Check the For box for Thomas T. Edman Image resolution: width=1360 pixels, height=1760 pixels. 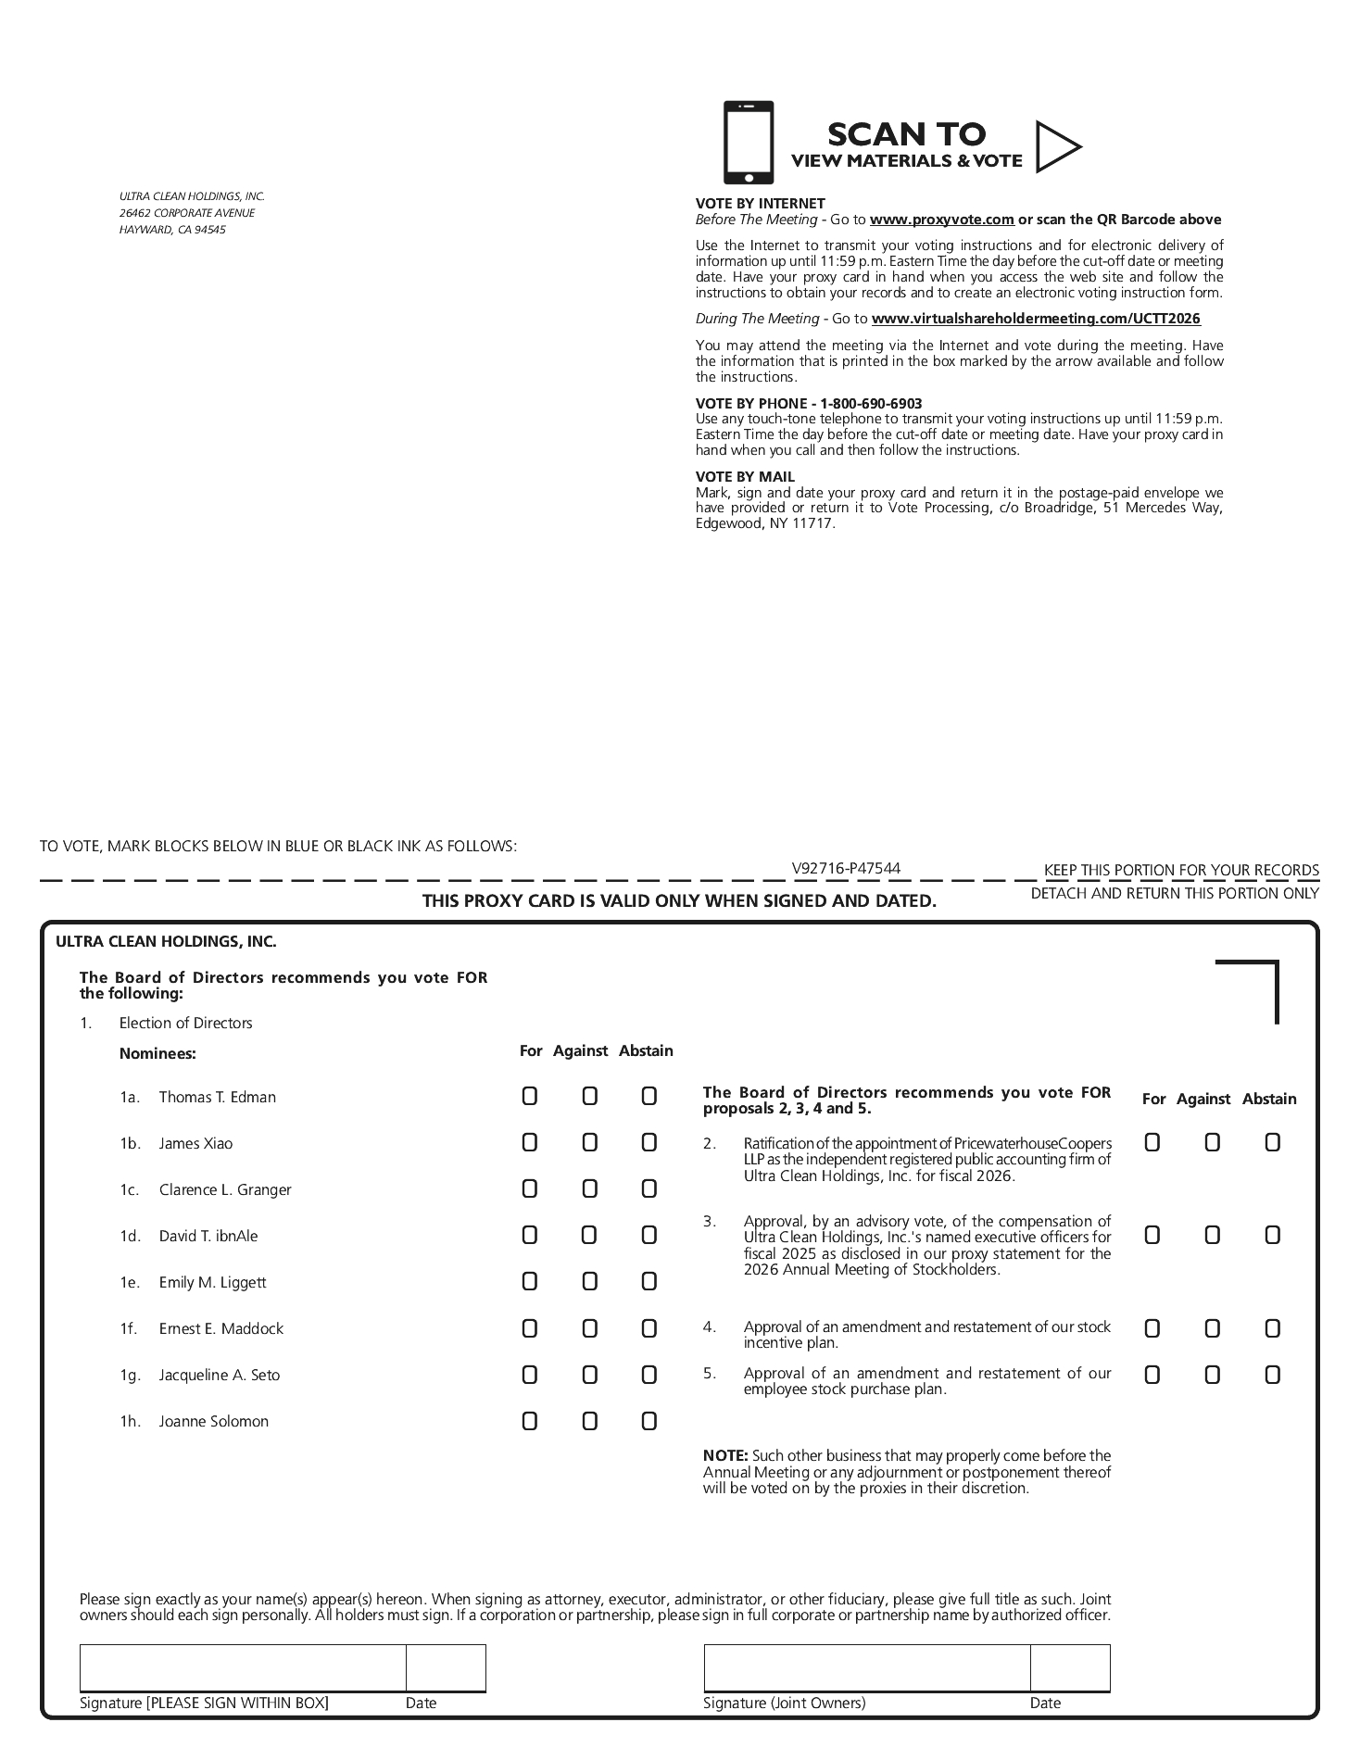[x=529, y=1097]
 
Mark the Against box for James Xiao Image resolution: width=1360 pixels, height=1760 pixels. [x=589, y=1143]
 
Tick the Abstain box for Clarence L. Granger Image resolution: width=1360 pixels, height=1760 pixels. [x=649, y=1189]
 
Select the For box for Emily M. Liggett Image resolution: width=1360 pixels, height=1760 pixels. [x=529, y=1282]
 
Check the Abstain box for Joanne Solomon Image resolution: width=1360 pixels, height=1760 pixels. [x=649, y=1421]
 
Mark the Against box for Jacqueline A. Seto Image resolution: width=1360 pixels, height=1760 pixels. [x=589, y=1375]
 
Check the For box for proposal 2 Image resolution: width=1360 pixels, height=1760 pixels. [x=1152, y=1143]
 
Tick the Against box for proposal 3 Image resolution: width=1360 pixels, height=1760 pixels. [x=1212, y=1236]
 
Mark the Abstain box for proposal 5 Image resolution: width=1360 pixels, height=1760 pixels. [x=1272, y=1375]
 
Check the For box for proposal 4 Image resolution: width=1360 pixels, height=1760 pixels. [x=1152, y=1329]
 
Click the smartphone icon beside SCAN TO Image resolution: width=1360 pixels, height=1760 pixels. [x=748, y=143]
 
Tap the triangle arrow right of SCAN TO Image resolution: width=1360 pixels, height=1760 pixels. [x=1057, y=146]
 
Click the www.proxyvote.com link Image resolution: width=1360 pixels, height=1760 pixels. [x=941, y=220]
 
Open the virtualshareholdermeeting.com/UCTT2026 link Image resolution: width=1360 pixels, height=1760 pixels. [x=1036, y=319]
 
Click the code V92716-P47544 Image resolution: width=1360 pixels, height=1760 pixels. [x=846, y=868]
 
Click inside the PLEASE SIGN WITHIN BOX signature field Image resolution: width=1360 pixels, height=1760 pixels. [x=243, y=1668]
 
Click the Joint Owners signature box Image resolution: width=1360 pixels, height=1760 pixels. [x=866, y=1668]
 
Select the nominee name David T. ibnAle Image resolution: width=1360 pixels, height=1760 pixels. [x=208, y=1236]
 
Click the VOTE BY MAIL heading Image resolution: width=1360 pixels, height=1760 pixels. [x=745, y=477]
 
